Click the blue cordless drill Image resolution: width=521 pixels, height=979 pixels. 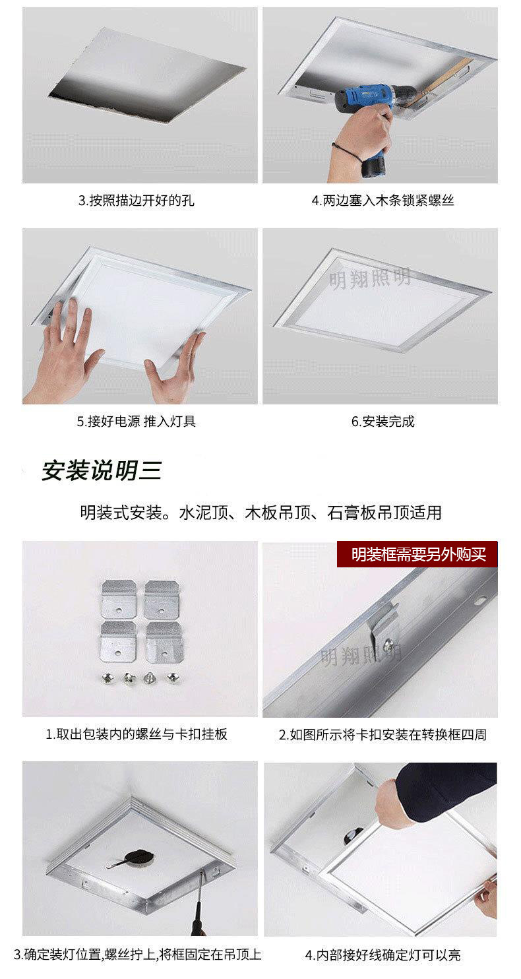coord(369,106)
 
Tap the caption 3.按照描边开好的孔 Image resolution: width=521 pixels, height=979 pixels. coord(137,201)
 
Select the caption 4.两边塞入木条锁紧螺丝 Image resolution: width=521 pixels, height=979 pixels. coord(383,201)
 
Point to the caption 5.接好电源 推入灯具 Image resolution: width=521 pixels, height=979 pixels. coord(137,421)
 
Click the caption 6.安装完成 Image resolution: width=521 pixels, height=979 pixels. coord(383,421)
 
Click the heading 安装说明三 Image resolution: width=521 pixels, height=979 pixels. coord(102,470)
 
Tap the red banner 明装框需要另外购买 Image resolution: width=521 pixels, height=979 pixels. coord(418,554)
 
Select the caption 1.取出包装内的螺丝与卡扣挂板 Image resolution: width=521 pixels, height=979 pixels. coord(137,734)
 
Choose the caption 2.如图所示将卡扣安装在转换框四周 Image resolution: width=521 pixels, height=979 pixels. coord(383,734)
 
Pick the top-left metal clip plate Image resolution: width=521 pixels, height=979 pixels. coord(119,598)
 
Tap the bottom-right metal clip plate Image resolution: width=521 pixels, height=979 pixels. coord(164,640)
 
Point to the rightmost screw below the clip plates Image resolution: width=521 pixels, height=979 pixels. coord(173,677)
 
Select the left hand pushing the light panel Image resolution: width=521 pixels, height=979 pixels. coord(66,350)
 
